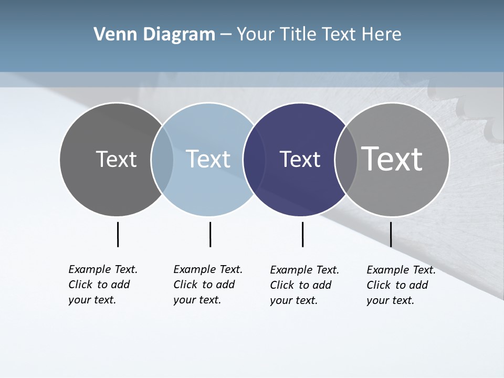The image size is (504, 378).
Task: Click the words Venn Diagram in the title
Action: coord(154,35)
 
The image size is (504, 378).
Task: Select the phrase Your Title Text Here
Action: coord(319,35)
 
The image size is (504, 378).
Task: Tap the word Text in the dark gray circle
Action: coord(116,159)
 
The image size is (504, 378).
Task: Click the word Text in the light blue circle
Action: coord(208,159)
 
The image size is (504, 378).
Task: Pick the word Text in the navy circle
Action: coord(300,159)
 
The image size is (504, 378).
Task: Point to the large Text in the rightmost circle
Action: coord(392,159)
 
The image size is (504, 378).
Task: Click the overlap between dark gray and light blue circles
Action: coord(162,159)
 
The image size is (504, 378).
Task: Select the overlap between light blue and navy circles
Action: coord(254,159)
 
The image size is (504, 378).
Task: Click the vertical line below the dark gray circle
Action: coord(118,234)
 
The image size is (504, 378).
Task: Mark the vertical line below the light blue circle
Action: coord(210,234)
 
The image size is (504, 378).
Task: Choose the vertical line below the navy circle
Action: coord(302,234)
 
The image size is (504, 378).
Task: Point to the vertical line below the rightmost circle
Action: coord(391,234)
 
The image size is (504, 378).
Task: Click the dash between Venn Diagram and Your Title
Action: coord(226,35)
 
